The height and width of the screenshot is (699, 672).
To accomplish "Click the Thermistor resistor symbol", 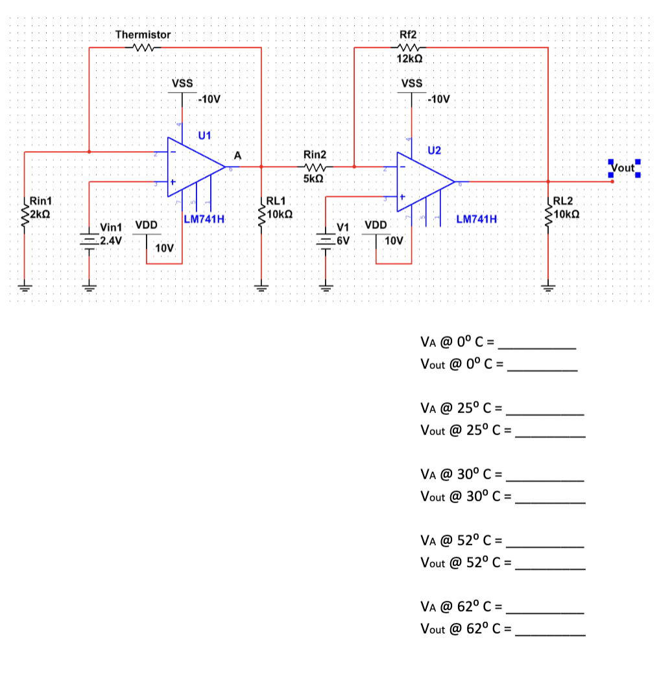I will tap(142, 47).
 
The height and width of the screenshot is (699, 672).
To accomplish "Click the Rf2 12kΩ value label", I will tap(411, 58).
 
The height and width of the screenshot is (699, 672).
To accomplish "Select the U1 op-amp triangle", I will tap(195, 167).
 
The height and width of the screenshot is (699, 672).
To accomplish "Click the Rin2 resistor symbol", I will tap(315, 167).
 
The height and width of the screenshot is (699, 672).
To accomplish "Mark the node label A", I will tap(237, 156).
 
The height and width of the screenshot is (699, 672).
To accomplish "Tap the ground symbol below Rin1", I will tap(24, 287).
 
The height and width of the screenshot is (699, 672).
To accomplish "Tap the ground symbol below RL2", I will tap(548, 287).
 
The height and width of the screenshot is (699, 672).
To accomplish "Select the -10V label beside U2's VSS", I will tap(438, 100).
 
